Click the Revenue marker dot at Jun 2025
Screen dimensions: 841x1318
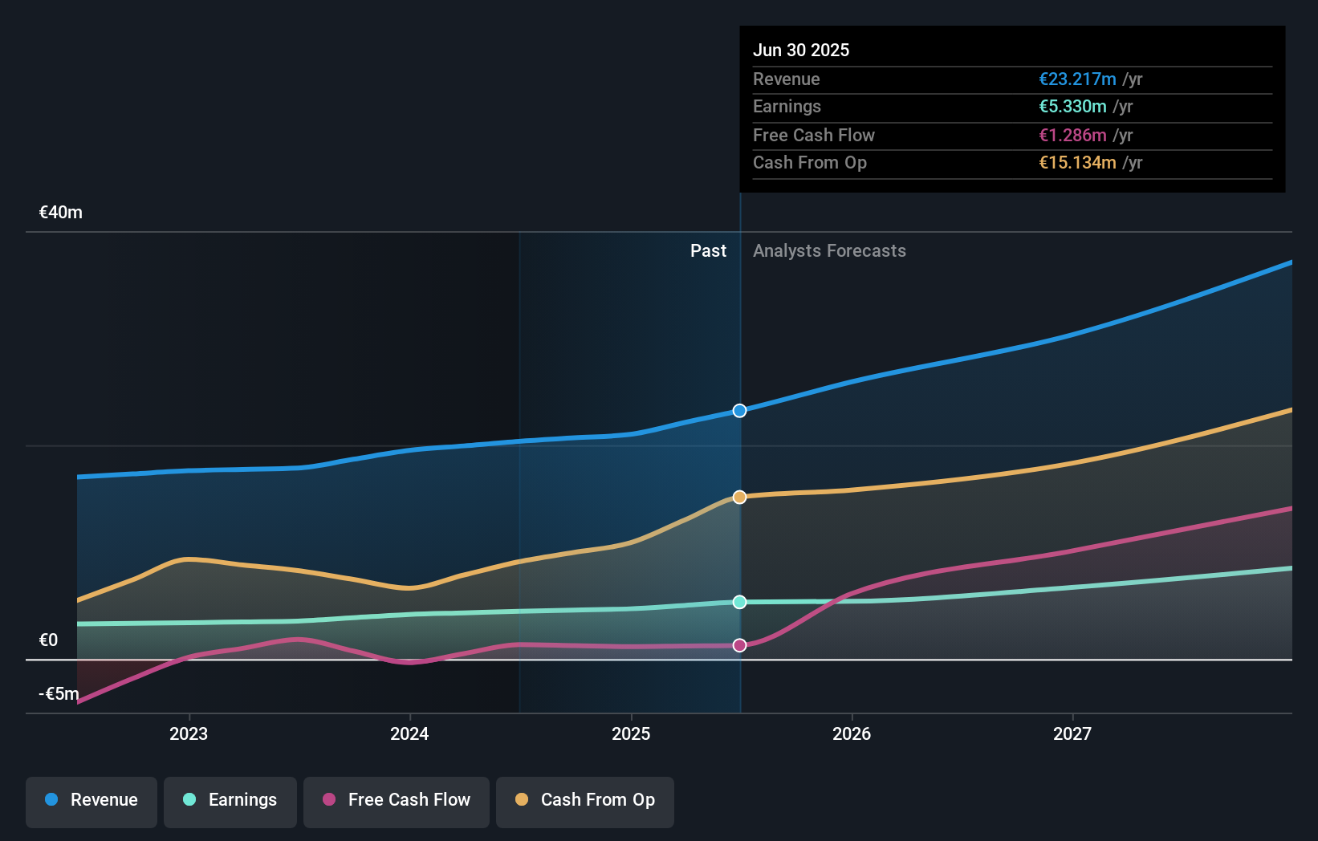pos(739,411)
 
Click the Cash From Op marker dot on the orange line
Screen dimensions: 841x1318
pos(739,498)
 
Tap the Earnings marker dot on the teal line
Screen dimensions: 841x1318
pos(739,602)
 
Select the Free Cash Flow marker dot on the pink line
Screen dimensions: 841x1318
pos(739,645)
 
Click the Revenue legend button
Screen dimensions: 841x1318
pos(92,800)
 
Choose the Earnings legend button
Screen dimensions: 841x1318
pos(230,800)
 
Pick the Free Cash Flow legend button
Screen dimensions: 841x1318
pos(397,800)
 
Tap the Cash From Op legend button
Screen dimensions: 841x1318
pos(585,800)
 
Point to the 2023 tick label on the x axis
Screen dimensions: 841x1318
pos(189,733)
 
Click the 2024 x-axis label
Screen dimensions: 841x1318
pos(409,733)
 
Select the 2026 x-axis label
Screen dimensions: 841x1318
pos(852,733)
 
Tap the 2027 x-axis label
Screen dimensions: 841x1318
pos(1072,733)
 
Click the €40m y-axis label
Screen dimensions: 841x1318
pos(61,213)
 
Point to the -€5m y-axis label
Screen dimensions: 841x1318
pos(59,693)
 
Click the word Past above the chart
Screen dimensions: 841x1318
pos(708,251)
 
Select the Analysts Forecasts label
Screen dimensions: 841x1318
pos(829,251)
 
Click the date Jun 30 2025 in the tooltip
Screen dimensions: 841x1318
pos(801,50)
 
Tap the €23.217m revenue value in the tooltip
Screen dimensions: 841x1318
pos(1077,79)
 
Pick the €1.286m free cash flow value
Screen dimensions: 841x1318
pos(1072,136)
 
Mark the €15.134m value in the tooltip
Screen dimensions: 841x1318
pos(1077,163)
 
